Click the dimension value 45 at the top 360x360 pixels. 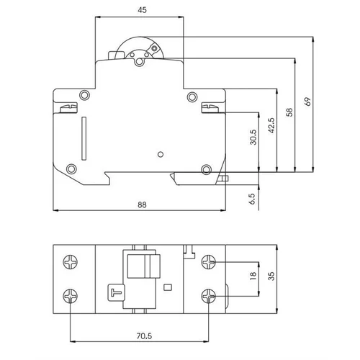click(142, 10)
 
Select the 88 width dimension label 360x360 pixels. click(142, 204)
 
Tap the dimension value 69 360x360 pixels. click(307, 102)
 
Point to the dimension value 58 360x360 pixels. click(289, 112)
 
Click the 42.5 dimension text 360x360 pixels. click(271, 125)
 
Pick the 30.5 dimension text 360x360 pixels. click(253, 138)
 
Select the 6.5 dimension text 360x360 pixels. click(252, 199)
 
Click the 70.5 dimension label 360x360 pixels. click(144, 336)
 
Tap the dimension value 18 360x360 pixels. click(253, 276)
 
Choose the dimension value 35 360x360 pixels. click(271, 276)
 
